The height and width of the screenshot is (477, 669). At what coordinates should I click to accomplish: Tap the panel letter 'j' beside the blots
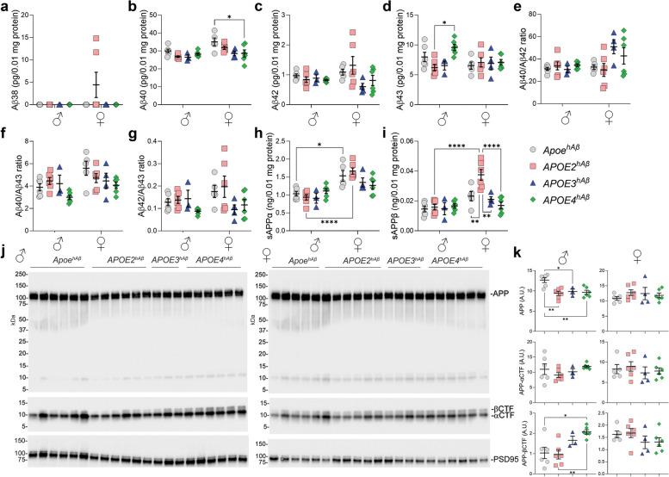coord(5,254)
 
